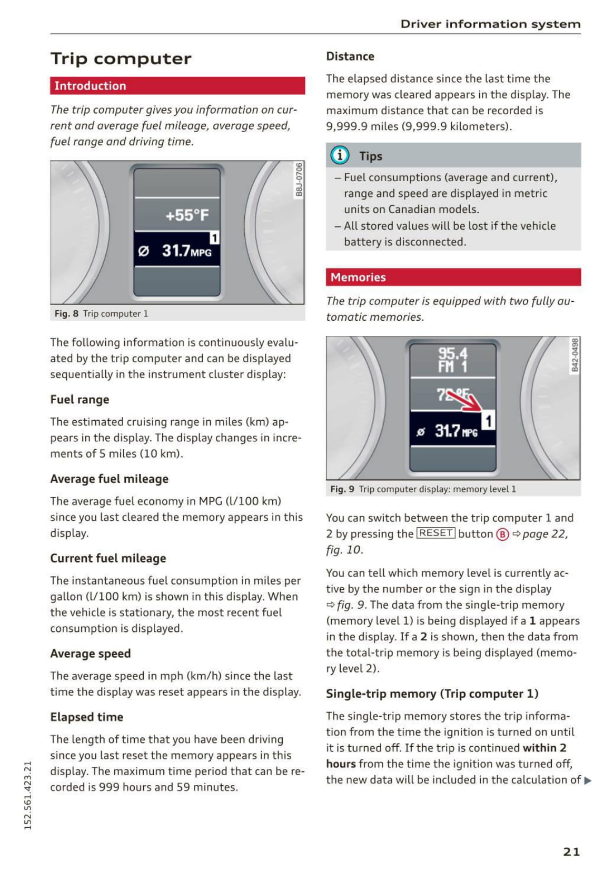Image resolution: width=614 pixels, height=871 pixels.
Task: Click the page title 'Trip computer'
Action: pyautogui.click(x=121, y=58)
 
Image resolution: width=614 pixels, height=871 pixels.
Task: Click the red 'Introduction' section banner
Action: pyautogui.click(x=177, y=86)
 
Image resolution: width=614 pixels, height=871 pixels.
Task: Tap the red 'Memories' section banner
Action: pyautogui.click(x=453, y=277)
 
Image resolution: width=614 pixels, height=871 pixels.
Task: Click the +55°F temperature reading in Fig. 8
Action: pyautogui.click(x=187, y=215)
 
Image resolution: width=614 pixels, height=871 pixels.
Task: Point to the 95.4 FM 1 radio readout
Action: pyautogui.click(x=452, y=360)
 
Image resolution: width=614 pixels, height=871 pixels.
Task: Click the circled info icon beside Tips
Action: pyautogui.click(x=340, y=155)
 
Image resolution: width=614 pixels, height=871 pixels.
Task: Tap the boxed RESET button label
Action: pyautogui.click(x=435, y=533)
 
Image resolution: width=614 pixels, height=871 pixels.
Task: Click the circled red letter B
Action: pyautogui.click(x=502, y=535)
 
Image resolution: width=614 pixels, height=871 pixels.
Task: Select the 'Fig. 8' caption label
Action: pyautogui.click(x=66, y=314)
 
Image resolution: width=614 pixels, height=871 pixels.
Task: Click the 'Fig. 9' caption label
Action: pyautogui.click(x=342, y=489)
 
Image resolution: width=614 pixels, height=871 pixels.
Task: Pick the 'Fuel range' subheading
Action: pyautogui.click(x=80, y=400)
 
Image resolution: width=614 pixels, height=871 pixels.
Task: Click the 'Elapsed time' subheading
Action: pyautogui.click(x=86, y=717)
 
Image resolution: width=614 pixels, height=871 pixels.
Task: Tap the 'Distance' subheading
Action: pyautogui.click(x=350, y=56)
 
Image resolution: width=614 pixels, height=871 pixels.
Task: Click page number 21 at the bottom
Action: pyautogui.click(x=571, y=852)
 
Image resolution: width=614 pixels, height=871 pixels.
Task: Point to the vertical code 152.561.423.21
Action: pyautogui.click(x=28, y=795)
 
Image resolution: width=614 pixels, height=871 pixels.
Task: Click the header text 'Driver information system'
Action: pyautogui.click(x=490, y=24)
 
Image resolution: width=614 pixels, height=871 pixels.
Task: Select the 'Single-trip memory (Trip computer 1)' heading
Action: pyautogui.click(x=432, y=694)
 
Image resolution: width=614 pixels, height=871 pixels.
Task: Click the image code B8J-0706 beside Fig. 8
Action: pyautogui.click(x=299, y=180)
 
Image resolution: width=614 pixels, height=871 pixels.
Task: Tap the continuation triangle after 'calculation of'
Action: pyautogui.click(x=588, y=780)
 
